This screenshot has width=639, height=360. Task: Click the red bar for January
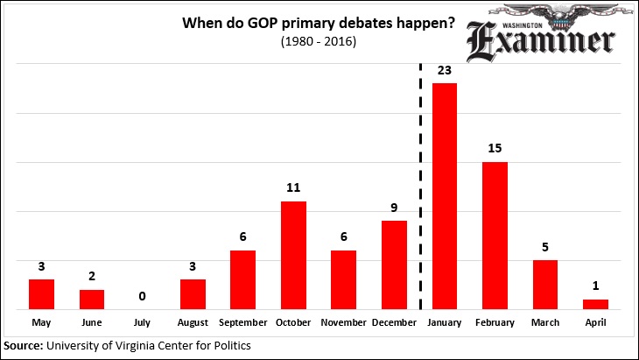tap(445, 196)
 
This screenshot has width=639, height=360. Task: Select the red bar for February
tap(495, 236)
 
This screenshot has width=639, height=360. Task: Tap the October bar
tap(293, 255)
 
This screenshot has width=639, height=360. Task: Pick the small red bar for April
tap(595, 304)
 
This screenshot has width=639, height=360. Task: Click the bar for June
tap(92, 299)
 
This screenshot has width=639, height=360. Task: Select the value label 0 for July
tap(142, 297)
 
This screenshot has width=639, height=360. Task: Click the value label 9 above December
tap(394, 208)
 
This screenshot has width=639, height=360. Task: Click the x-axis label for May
tap(41, 322)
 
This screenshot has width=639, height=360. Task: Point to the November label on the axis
tap(343, 322)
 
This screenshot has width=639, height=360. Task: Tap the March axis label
tap(545, 322)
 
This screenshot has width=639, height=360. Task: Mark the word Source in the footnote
tap(25, 346)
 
